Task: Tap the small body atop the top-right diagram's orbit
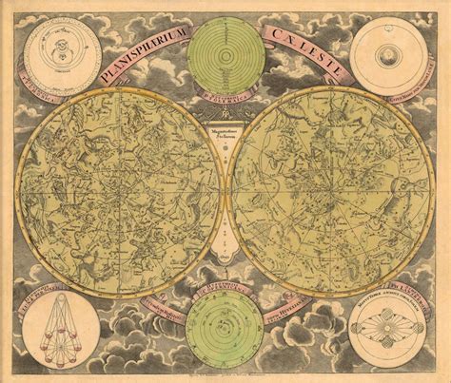[x=392, y=30]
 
